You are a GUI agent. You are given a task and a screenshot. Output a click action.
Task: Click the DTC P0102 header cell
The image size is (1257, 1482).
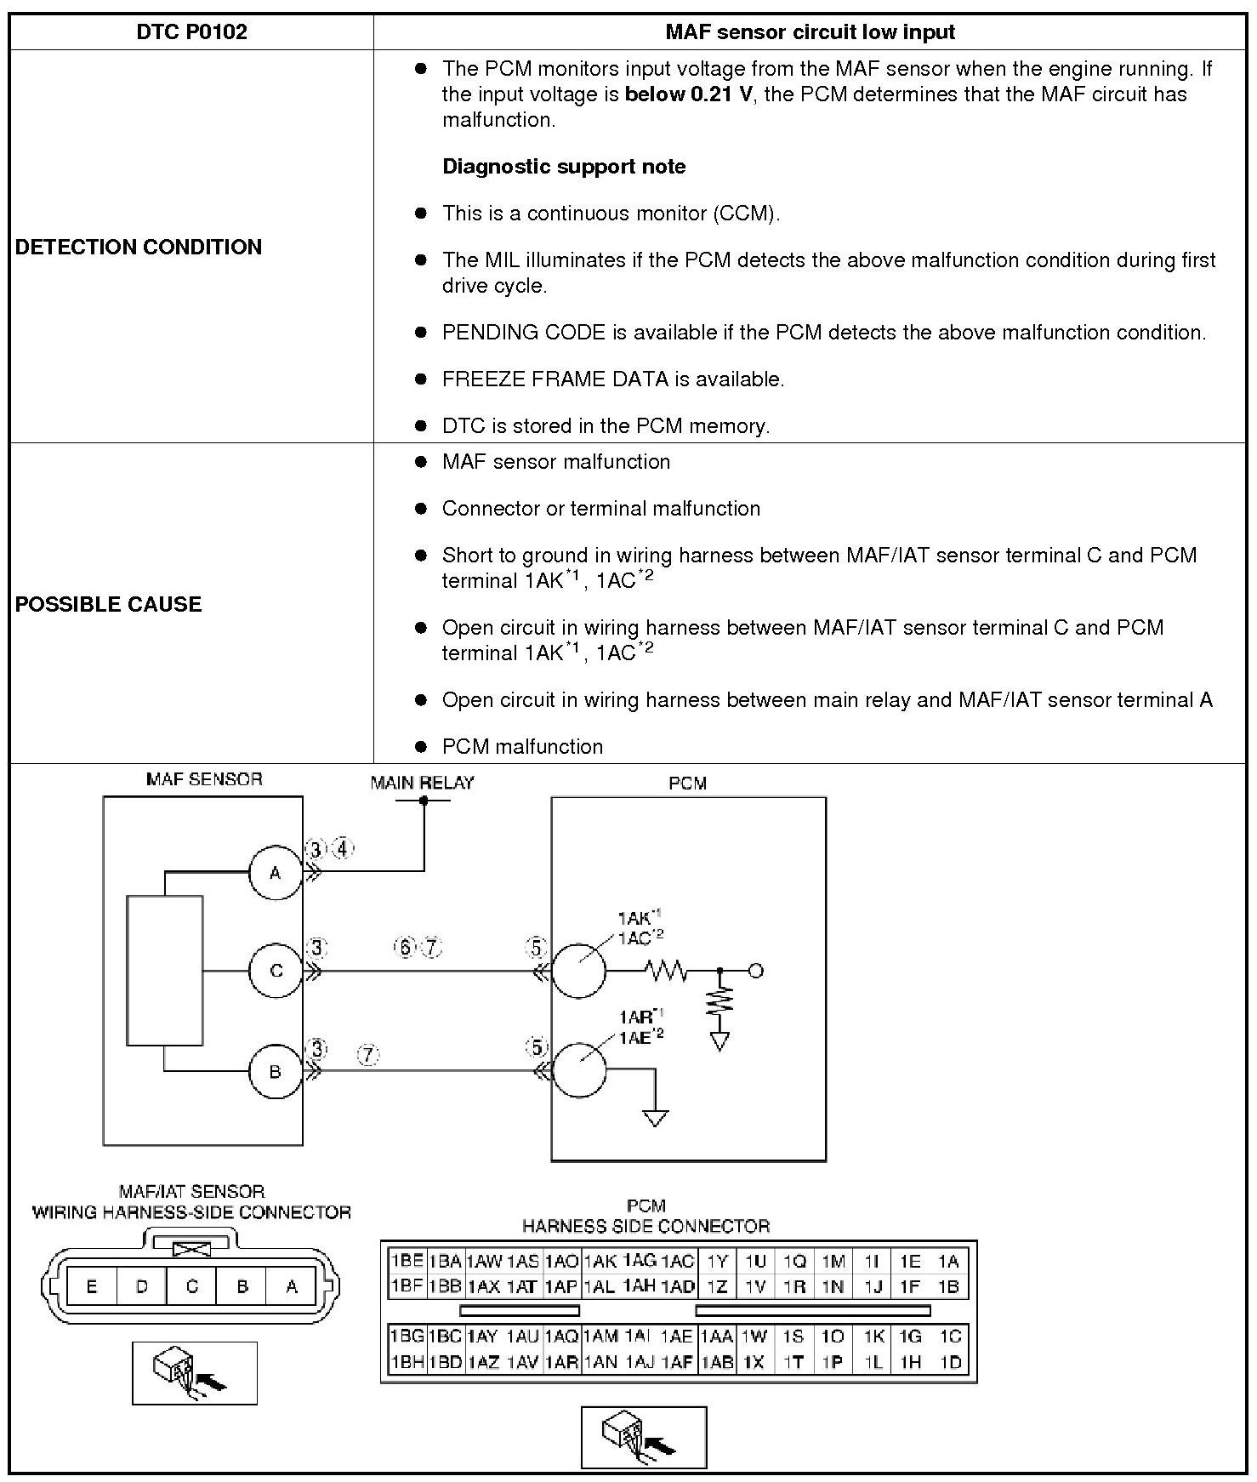191,32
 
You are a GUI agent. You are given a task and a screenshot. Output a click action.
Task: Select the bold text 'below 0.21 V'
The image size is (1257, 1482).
688,94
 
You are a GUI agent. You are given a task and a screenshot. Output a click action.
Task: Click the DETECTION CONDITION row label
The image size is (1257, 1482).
139,247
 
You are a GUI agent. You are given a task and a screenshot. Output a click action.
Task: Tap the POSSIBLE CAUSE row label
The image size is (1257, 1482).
109,604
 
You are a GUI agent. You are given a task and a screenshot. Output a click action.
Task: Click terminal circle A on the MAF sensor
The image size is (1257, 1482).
276,873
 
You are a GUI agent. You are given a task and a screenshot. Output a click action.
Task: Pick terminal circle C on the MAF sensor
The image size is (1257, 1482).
276,971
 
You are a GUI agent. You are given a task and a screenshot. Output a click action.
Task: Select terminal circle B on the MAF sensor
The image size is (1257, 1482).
276,1071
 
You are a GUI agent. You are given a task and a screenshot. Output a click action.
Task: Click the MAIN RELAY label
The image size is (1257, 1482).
423,783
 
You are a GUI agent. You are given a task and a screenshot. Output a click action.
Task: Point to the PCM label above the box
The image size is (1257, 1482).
687,784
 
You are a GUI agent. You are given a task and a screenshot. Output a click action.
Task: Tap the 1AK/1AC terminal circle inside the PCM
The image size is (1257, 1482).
579,971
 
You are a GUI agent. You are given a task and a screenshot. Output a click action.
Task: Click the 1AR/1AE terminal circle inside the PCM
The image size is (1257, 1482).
580,1070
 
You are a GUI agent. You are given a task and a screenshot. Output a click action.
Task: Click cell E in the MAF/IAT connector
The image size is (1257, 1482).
92,1286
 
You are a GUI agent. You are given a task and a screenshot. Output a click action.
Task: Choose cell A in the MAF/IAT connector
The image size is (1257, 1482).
292,1286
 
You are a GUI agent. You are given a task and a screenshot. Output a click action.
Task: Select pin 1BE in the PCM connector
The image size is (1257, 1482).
407,1260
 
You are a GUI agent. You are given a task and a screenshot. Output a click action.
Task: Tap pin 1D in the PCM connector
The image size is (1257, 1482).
950,1362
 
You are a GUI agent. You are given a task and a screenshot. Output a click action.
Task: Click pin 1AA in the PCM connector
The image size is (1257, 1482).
716,1337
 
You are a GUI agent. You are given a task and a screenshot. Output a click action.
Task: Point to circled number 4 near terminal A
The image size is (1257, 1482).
343,849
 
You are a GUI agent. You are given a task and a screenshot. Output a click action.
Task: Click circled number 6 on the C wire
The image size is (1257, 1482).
405,947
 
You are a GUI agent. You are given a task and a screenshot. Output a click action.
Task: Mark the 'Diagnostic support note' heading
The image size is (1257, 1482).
564,167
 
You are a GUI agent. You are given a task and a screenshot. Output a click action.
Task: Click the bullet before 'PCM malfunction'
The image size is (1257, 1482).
420,747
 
